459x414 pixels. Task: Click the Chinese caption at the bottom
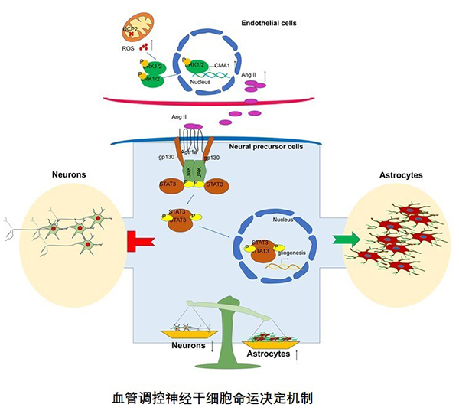pyautogui.click(x=229, y=399)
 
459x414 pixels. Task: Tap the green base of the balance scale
pyautogui.click(x=229, y=360)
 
